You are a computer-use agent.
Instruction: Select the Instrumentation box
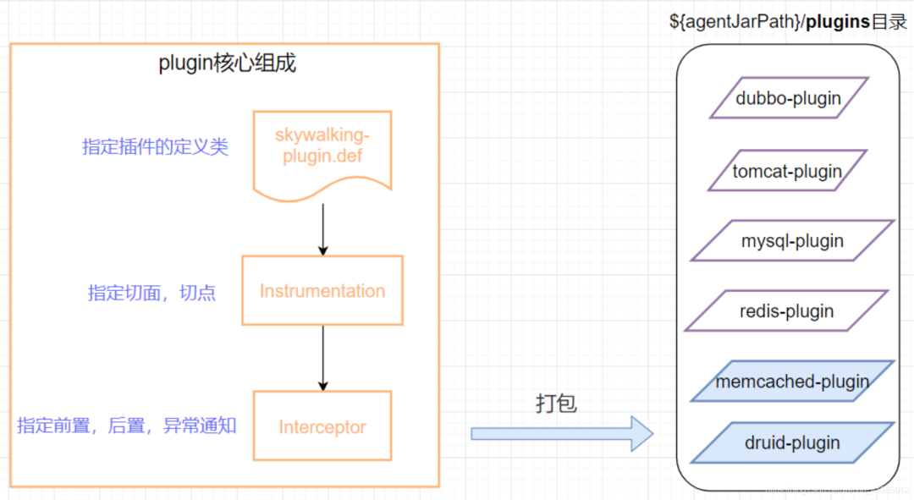(322, 291)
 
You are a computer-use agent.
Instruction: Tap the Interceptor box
(322, 426)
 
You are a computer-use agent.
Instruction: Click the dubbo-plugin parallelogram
(789, 98)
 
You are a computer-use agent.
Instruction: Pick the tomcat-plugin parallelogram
(787, 172)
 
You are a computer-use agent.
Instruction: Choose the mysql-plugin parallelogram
(792, 241)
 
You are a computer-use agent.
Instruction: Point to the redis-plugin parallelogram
(786, 311)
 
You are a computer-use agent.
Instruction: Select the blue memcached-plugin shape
(792, 382)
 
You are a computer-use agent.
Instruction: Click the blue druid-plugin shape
(792, 442)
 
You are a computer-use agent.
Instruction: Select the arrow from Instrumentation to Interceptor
(322, 358)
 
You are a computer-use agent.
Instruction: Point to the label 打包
(556, 404)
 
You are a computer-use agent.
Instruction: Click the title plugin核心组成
(228, 63)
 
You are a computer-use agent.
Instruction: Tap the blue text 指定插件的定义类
(155, 146)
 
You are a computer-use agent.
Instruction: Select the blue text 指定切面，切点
(151, 293)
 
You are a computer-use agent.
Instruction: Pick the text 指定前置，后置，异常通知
(127, 426)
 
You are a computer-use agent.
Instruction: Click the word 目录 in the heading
(889, 22)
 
